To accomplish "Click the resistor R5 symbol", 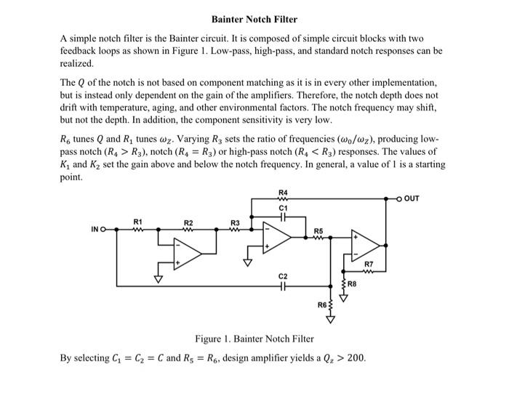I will pos(318,238).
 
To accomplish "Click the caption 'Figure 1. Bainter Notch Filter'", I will pos(254,339).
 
